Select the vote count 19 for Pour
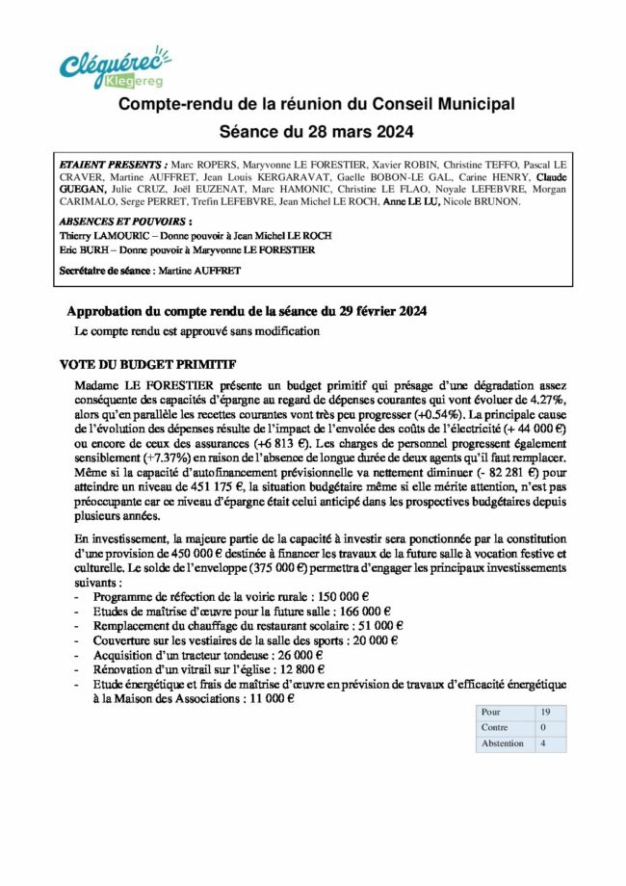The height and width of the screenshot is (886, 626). [x=545, y=712]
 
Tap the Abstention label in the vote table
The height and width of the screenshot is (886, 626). [x=502, y=743]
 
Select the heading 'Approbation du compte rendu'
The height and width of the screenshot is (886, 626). [x=246, y=312]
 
